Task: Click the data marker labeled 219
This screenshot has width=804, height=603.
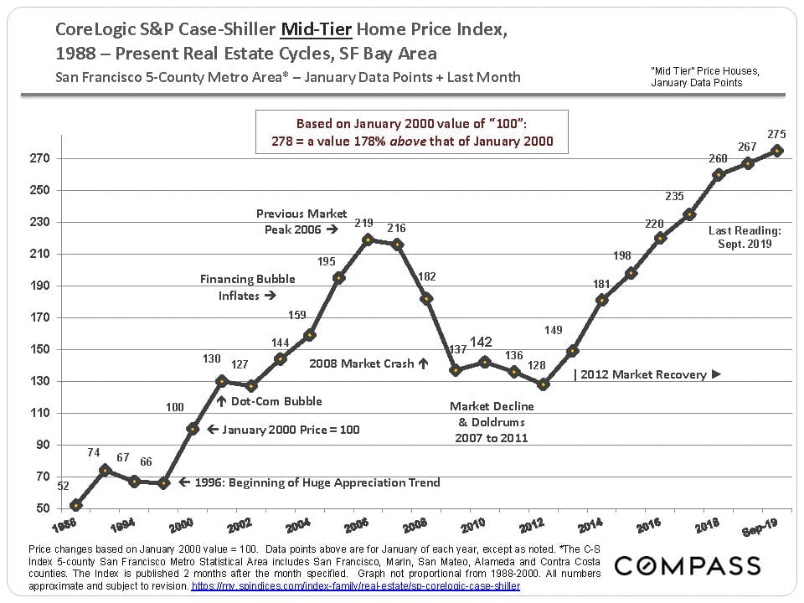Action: tap(368, 240)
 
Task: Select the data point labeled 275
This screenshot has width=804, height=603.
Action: tap(777, 151)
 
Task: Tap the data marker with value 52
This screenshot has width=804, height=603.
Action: tap(76, 505)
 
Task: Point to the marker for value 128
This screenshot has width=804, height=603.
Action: tap(544, 384)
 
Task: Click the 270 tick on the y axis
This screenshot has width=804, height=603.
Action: tap(40, 158)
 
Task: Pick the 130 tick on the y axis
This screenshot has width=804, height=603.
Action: tap(40, 381)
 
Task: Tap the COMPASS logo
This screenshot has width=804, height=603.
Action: tap(688, 565)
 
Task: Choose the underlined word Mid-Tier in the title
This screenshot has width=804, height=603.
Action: tap(317, 29)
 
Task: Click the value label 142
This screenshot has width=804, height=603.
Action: tap(481, 342)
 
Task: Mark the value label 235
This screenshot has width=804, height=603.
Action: tap(675, 197)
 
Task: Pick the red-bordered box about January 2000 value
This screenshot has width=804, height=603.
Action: tap(412, 132)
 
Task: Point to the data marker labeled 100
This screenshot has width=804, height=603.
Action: tap(193, 429)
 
